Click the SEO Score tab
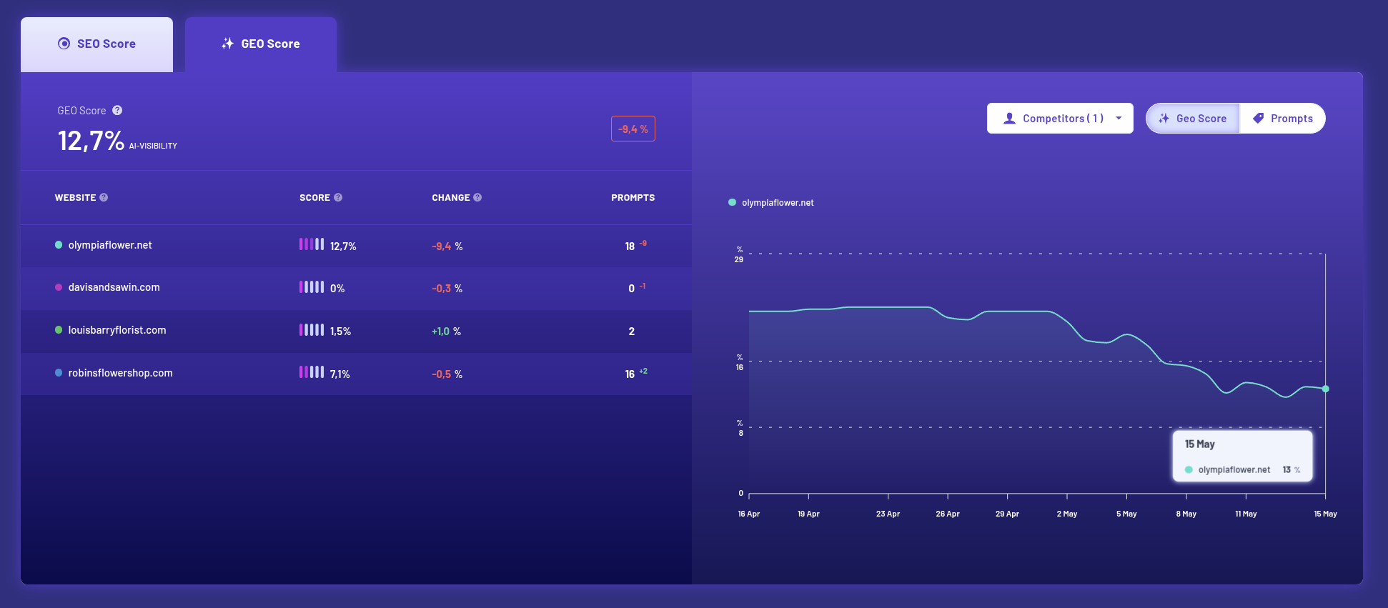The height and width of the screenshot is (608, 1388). coord(96,44)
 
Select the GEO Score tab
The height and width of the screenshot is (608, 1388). coord(261,44)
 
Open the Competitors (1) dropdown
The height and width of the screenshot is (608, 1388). coord(1060,119)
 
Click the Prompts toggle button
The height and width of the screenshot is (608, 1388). coord(1283,119)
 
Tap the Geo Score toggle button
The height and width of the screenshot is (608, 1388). coord(1193,119)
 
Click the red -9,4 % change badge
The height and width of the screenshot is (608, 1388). coord(633,129)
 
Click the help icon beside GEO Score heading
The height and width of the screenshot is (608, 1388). coord(117,111)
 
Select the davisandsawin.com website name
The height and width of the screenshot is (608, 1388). coord(114,287)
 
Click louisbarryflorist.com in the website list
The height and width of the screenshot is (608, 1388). coord(117,330)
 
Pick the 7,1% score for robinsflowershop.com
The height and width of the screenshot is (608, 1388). coord(340,374)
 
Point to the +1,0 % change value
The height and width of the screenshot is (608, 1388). coord(446,332)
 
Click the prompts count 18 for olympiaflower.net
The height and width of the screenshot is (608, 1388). coord(630,246)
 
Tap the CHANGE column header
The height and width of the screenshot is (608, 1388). coord(451,198)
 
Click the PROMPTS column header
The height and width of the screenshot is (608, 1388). coord(633,198)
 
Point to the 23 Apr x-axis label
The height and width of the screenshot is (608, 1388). coord(888,514)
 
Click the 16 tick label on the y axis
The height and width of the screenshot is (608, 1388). coord(740,367)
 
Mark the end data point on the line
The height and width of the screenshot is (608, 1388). coord(1325,389)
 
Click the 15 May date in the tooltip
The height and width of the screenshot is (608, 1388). coord(1200,444)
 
